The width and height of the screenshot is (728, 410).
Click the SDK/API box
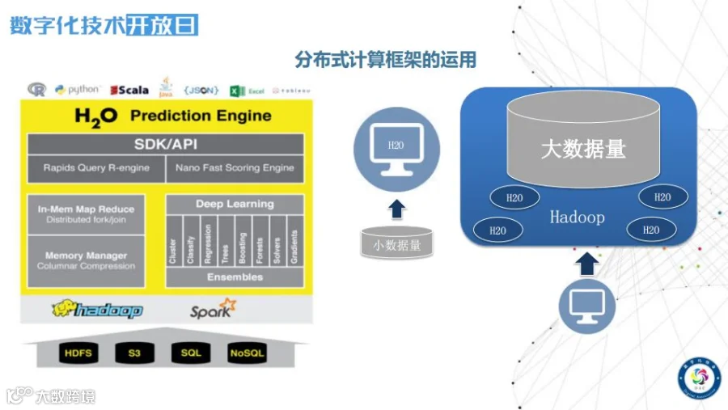tap(165, 145)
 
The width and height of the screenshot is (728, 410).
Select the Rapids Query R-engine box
tap(95, 168)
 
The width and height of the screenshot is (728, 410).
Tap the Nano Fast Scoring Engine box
tap(235, 168)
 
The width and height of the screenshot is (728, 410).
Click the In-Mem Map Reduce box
tap(86, 214)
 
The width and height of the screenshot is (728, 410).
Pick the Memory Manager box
tap(86, 260)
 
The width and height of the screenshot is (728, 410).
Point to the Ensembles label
tap(235, 277)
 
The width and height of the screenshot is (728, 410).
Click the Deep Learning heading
tap(235, 205)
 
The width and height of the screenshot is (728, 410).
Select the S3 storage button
tap(134, 353)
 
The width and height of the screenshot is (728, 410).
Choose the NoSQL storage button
tap(247, 353)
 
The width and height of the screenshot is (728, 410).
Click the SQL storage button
tap(191, 353)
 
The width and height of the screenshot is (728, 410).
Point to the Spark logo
tap(213, 309)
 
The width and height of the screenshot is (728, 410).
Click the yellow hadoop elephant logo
tap(97, 309)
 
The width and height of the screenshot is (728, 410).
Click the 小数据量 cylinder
tap(396, 243)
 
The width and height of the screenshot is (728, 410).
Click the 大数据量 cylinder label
tap(582, 149)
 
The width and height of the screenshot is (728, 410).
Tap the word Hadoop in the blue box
tap(577, 217)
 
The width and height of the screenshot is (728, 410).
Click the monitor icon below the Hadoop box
tap(587, 305)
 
